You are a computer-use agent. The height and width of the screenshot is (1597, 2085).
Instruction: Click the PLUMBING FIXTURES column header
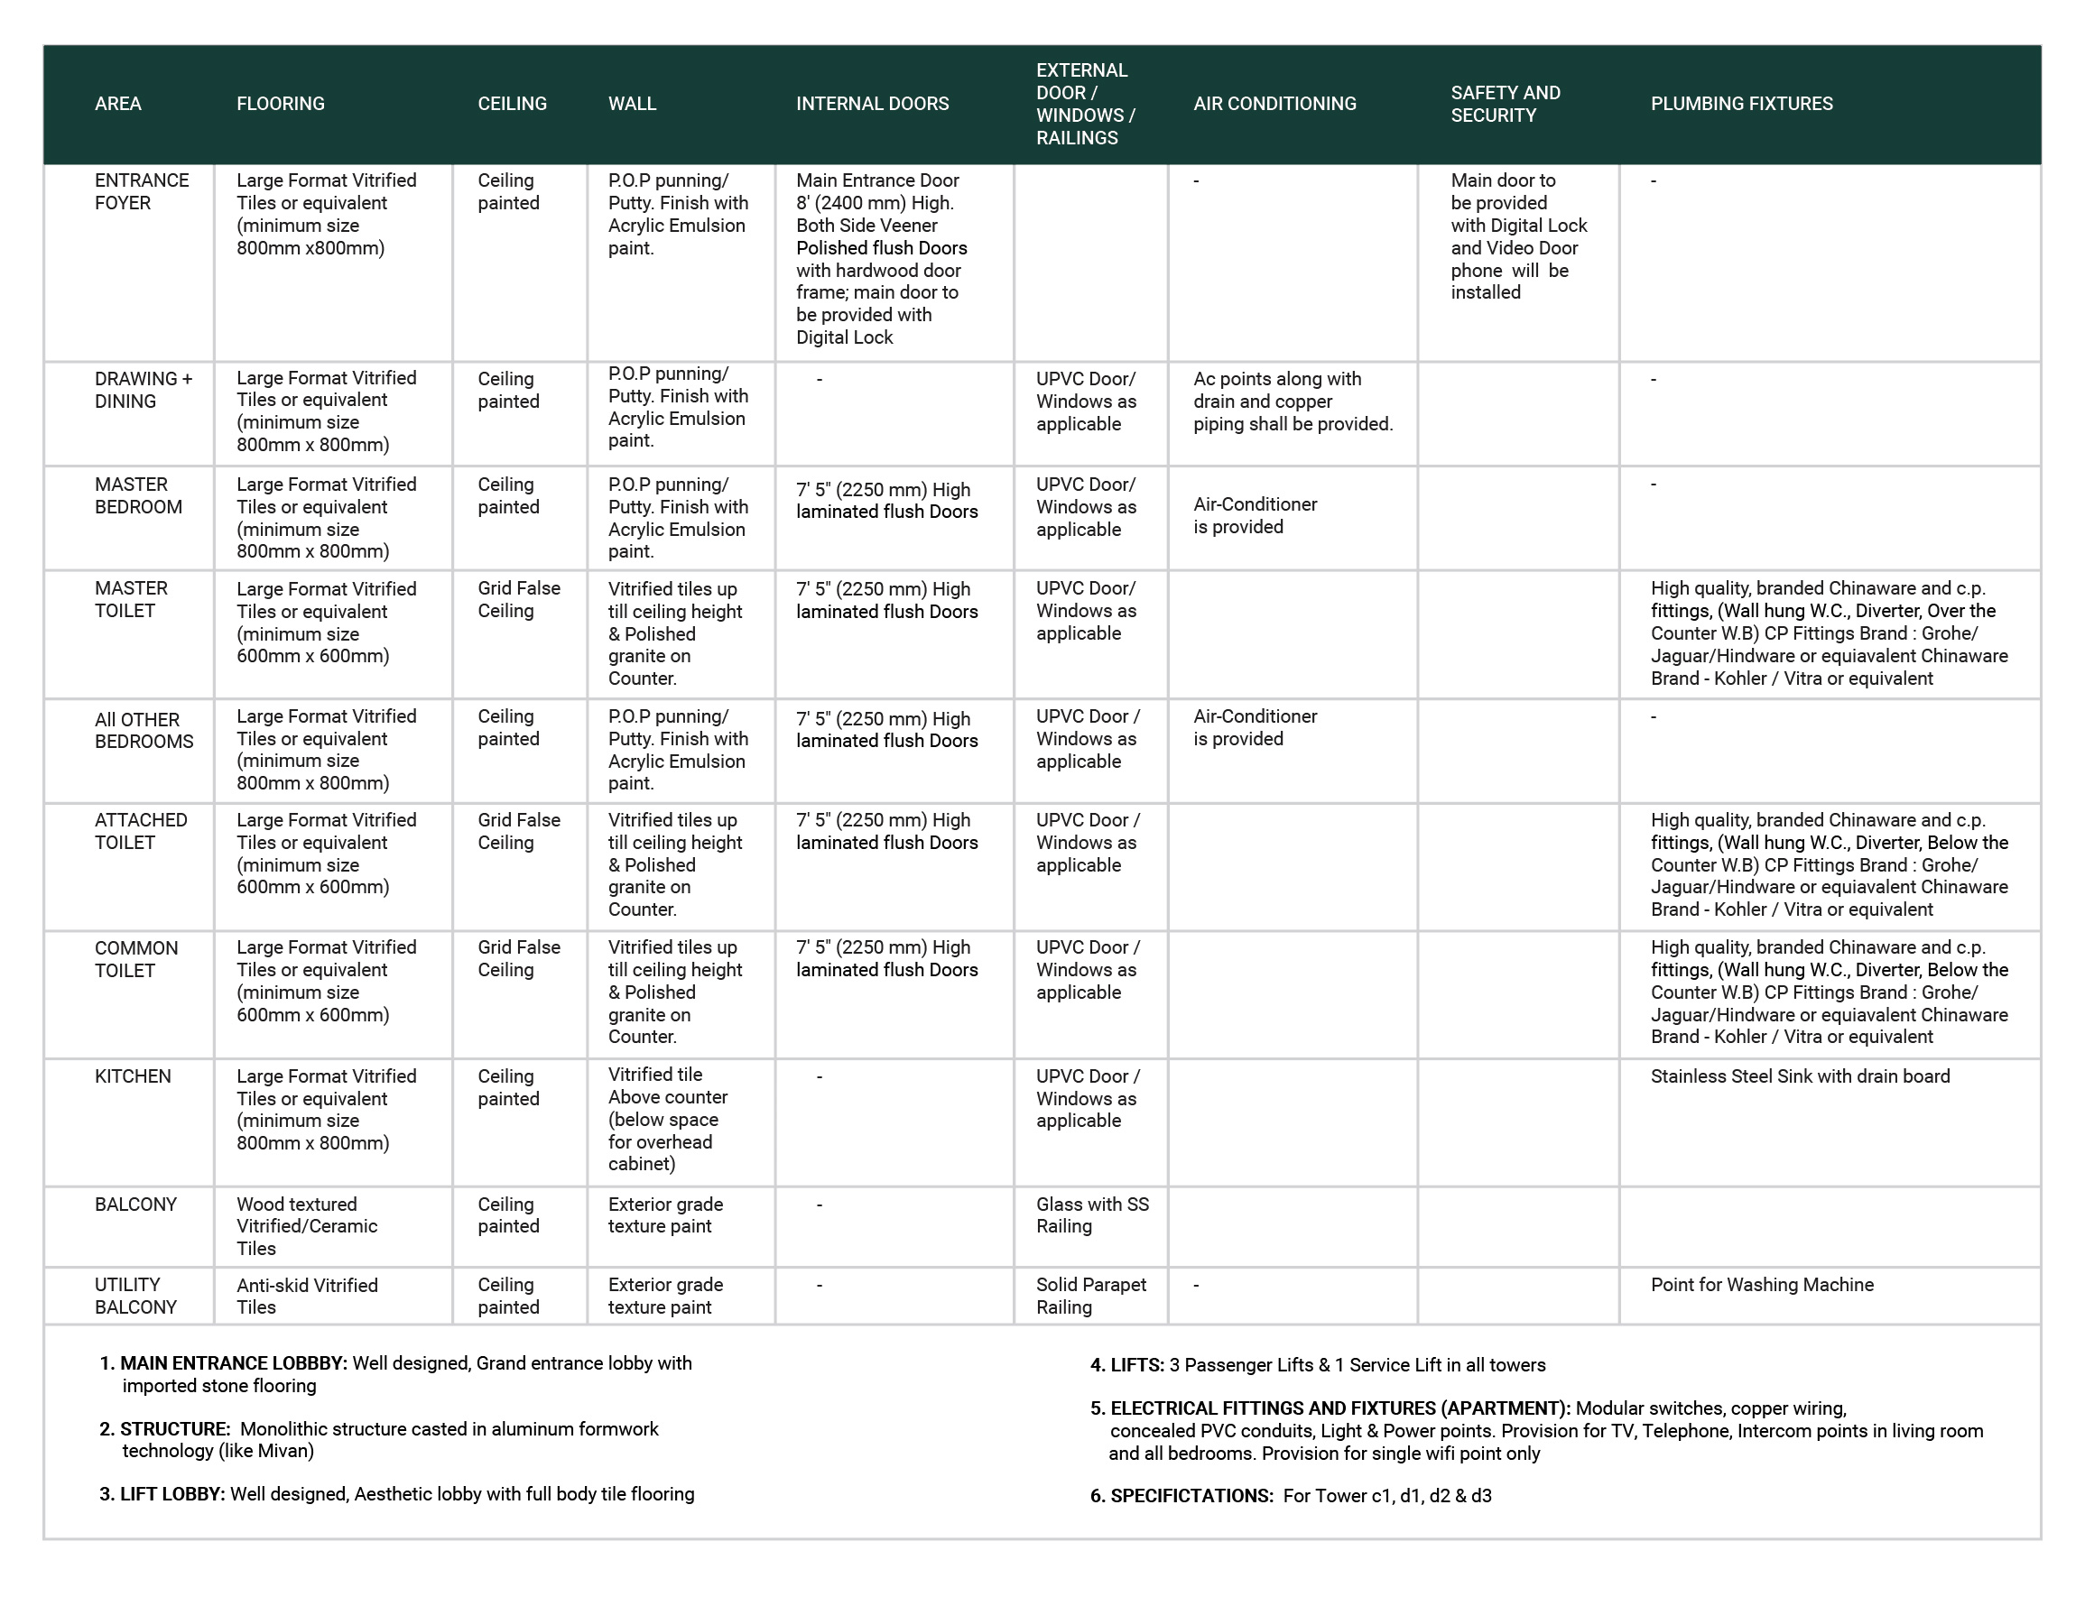[x=1741, y=104]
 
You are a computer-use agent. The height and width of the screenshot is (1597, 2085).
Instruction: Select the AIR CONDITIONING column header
[x=1274, y=104]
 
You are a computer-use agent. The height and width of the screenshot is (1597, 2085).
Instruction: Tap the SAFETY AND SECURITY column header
[x=1505, y=104]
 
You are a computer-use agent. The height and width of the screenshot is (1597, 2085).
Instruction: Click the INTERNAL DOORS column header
[x=872, y=104]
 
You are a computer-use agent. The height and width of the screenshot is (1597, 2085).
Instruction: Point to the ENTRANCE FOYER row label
[x=141, y=191]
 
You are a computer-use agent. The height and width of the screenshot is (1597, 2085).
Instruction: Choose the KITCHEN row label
[x=132, y=1076]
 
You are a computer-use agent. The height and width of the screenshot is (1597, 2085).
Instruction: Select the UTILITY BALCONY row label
[x=135, y=1296]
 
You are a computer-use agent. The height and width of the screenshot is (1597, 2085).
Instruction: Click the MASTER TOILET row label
[x=130, y=599]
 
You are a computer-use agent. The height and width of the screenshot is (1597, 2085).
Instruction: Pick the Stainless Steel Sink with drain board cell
[x=1799, y=1076]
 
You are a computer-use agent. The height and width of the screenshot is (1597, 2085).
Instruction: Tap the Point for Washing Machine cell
[x=1761, y=1285]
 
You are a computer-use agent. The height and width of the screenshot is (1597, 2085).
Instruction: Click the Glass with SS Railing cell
[x=1091, y=1214]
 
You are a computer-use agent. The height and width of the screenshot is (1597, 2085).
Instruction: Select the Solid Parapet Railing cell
[x=1090, y=1296]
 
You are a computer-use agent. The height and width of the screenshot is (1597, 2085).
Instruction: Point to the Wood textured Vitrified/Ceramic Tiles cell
[x=306, y=1226]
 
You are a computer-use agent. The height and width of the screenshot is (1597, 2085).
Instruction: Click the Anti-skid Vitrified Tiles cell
[x=306, y=1296]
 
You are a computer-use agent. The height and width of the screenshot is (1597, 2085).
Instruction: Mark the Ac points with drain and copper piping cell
[x=1293, y=402]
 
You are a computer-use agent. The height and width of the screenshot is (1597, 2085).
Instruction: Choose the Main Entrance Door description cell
[x=880, y=259]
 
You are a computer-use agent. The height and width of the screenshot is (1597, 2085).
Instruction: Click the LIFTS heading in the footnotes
[x=1136, y=1365]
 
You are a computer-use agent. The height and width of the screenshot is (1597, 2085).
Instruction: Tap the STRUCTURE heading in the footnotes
[x=174, y=1429]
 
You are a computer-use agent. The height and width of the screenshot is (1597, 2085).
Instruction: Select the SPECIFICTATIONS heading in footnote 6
[x=1191, y=1495]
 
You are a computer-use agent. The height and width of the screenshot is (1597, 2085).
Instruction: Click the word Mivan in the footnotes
[x=283, y=1451]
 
